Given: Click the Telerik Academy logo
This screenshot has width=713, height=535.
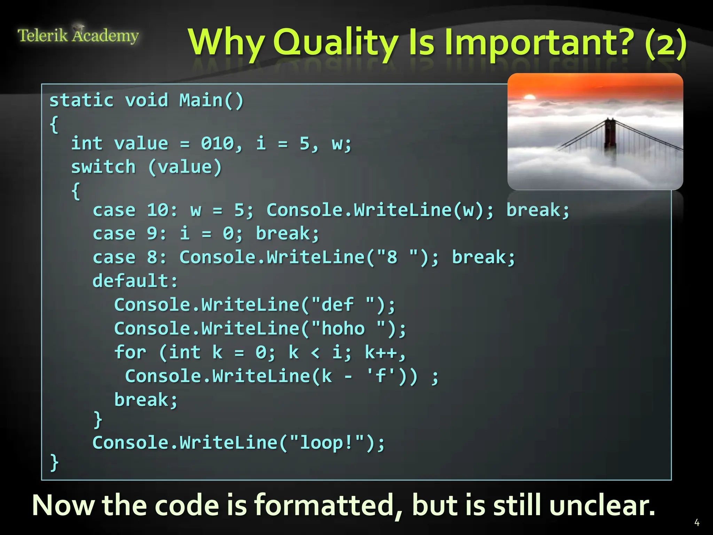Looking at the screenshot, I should tap(78, 36).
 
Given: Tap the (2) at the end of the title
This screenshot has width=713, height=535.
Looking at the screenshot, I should tap(665, 44).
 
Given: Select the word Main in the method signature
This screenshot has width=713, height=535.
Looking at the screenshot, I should tap(201, 100).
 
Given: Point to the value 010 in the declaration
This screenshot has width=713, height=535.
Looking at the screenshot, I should tap(217, 144).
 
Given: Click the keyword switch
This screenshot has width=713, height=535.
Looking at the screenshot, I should tap(103, 167).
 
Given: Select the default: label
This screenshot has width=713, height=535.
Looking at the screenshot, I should tap(135, 281).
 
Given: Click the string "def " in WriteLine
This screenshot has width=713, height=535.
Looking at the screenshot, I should tap(343, 304).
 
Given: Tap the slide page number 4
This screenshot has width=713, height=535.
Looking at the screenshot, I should tap(697, 522).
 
